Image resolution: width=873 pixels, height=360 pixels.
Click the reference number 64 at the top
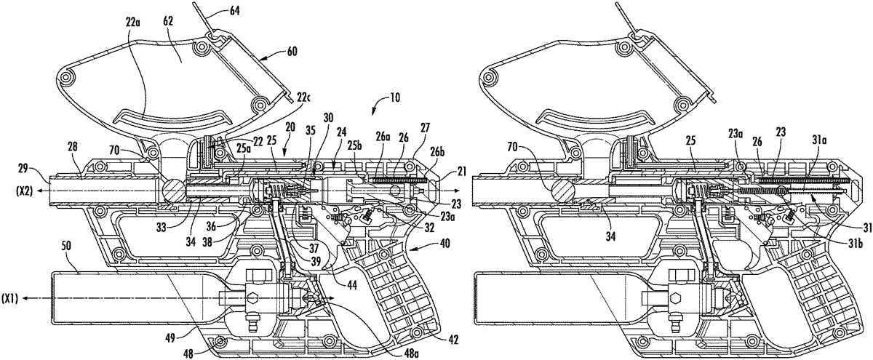click(234, 10)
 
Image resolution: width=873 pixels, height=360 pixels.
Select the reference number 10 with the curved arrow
click(394, 97)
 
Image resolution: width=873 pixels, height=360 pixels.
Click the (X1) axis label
click(9, 300)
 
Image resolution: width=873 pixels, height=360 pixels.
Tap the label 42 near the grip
click(453, 339)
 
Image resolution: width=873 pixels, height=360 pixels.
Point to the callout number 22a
click(132, 23)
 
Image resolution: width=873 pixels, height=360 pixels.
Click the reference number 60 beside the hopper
click(292, 52)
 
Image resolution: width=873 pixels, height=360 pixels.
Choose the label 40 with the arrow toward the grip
click(445, 244)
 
